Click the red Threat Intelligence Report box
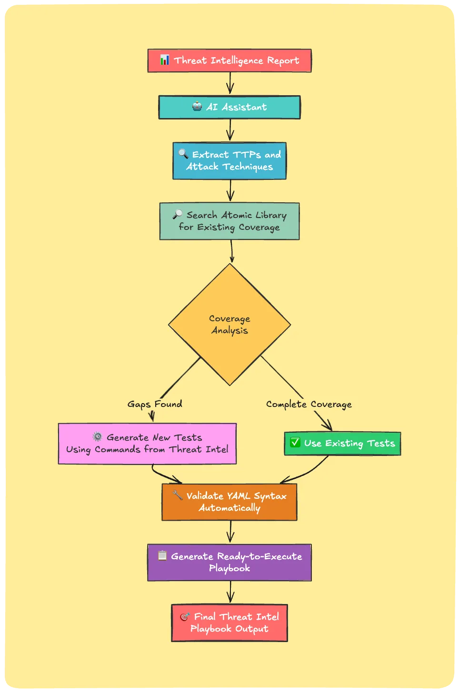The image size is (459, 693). [229, 60]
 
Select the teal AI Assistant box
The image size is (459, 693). [229, 107]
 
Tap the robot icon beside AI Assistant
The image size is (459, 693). [197, 107]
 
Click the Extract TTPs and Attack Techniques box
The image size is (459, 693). [229, 161]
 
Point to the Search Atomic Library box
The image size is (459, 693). [229, 221]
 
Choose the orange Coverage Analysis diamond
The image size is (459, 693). [229, 325]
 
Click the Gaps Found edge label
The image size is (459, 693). [155, 404]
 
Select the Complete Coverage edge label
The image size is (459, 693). [309, 404]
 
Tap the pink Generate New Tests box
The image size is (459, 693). [147, 444]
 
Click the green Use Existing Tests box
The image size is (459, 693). [342, 444]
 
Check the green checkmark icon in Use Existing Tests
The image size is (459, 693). [295, 443]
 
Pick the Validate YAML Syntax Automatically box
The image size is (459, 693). [229, 502]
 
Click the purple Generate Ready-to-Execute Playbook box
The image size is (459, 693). [229, 562]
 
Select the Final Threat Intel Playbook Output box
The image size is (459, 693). [229, 623]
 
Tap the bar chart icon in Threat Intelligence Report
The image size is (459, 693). [164, 59]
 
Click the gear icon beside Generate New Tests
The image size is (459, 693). [98, 436]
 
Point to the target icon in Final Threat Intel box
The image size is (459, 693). [185, 617]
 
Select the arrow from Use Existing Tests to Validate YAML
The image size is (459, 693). [307, 473]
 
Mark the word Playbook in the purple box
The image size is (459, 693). [229, 568]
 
